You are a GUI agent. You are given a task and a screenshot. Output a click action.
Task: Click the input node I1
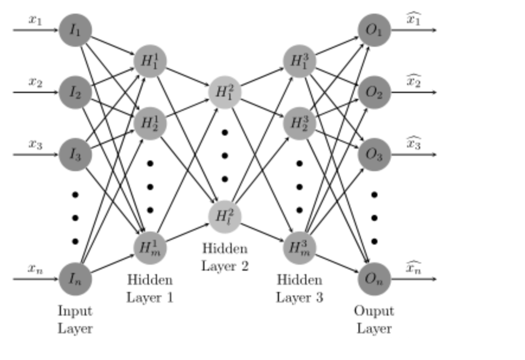point(75,29)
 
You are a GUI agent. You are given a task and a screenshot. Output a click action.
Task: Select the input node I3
point(75,155)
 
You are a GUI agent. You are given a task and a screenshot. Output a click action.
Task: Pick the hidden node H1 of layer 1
point(150,61)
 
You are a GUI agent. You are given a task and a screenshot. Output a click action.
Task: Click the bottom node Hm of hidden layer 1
point(150,247)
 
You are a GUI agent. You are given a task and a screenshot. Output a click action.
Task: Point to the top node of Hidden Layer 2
point(225,92)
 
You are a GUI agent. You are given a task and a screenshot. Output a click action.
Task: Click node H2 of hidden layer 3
point(299,123)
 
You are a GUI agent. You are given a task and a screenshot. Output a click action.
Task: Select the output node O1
point(374,29)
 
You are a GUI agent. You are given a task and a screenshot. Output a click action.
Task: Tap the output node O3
point(374,155)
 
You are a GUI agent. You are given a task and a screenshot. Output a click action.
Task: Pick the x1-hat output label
point(414,19)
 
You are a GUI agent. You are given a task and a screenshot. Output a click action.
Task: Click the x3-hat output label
point(414,144)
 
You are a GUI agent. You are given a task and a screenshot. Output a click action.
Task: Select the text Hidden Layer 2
point(225,257)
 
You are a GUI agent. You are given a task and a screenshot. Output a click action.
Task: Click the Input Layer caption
point(75,319)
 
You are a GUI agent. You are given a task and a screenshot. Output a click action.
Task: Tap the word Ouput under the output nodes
point(374,311)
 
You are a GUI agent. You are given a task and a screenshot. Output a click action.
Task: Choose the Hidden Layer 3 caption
point(299,288)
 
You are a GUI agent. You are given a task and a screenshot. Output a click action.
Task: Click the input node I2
point(75,92)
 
